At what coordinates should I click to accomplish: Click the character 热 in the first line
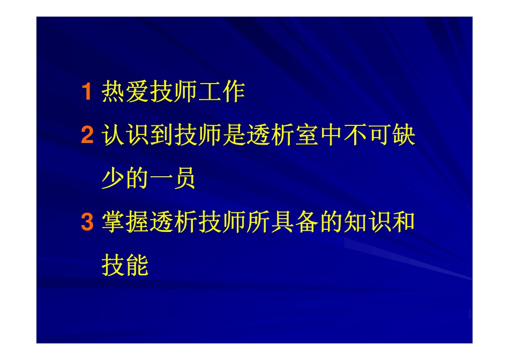113,93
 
